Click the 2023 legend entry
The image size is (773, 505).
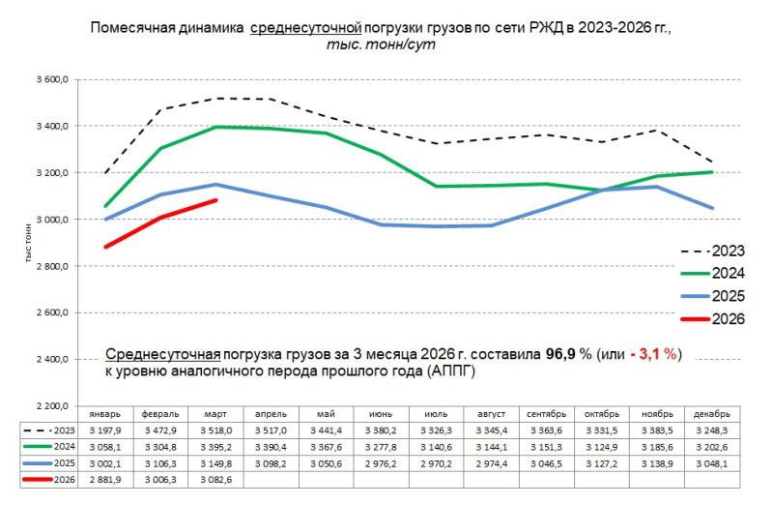[x=714, y=252]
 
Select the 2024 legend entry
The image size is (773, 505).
[x=714, y=274]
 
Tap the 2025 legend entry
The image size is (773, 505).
[x=714, y=296]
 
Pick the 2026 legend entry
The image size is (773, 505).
[x=714, y=318]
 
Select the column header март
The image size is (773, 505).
[x=215, y=412]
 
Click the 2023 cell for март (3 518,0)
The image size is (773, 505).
[x=215, y=430]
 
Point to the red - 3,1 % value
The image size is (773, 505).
[x=656, y=354]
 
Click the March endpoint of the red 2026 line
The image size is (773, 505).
[x=215, y=200]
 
